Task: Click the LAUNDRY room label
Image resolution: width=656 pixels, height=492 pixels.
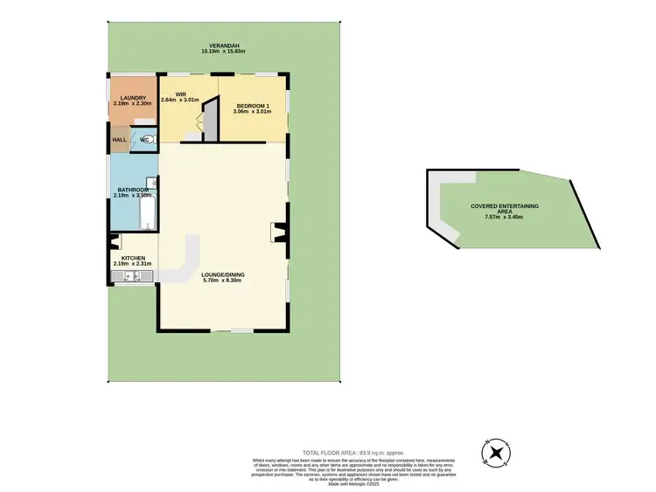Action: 132,98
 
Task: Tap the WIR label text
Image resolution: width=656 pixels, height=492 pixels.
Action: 182,94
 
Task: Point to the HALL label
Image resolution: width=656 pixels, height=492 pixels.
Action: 119,140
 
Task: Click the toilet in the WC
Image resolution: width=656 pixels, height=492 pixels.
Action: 146,139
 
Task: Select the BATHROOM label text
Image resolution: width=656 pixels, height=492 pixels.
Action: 132,190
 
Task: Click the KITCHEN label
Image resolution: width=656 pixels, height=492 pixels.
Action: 132,259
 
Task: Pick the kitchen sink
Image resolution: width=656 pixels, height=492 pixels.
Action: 132,277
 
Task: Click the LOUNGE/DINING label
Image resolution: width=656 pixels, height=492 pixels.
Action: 223,274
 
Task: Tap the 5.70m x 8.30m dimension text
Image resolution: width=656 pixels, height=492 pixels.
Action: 223,281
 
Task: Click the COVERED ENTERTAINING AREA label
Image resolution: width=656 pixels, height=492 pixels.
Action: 505,207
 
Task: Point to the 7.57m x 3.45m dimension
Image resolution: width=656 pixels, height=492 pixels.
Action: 505,217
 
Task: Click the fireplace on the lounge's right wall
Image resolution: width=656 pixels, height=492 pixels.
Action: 279,232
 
